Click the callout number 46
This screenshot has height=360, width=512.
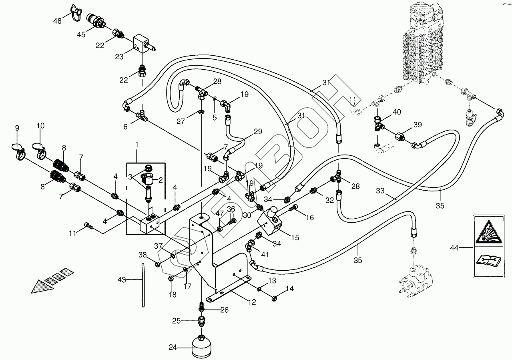tap(57, 21)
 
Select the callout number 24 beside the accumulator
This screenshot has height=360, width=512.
tap(173, 348)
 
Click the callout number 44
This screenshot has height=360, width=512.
tap(454, 248)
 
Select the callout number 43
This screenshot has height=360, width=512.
tap(121, 280)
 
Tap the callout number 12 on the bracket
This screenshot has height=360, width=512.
tap(252, 302)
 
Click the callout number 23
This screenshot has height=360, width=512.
tap(119, 56)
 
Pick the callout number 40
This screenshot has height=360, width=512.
tap(397, 112)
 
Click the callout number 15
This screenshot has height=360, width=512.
tap(295, 237)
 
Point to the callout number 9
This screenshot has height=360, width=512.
tap(17, 128)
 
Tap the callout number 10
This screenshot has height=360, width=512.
tap(40, 126)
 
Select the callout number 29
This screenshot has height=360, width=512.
tap(258, 131)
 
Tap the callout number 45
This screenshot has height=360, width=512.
tap(81, 34)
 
